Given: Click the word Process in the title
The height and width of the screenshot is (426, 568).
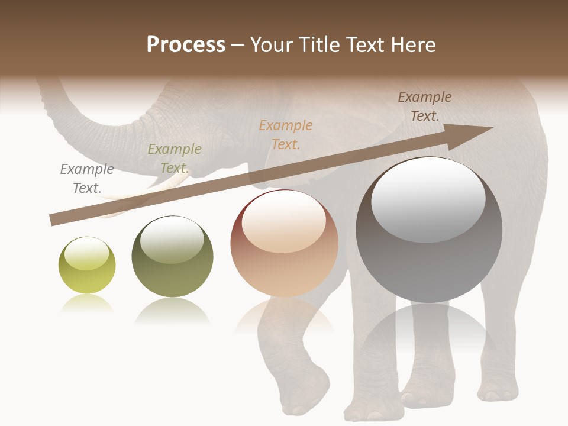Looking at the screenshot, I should click(186, 46).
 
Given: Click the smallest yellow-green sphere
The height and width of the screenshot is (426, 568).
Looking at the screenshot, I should click(87, 265).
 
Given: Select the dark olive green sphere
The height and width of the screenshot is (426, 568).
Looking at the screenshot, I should click(172, 257).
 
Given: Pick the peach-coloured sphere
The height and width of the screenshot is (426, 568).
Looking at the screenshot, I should click(284, 243).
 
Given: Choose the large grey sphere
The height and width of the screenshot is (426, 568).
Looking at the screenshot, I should click(429, 230).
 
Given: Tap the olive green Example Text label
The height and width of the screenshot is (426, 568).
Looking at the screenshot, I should click(175, 159).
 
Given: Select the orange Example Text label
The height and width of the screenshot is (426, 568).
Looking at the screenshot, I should click(286, 135).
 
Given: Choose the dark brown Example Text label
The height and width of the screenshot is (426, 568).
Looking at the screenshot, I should click(425, 106).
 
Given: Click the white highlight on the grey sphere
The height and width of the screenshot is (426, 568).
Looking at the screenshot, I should click(428, 199).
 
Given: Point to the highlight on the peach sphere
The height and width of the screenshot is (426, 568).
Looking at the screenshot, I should click(284, 221).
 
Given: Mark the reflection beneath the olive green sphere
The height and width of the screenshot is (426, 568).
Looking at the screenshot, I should click(172, 311).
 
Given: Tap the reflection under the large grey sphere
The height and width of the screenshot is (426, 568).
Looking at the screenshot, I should click(429, 331).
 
